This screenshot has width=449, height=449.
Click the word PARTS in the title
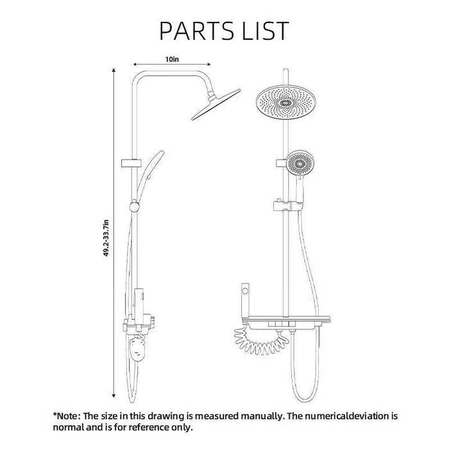(196, 30)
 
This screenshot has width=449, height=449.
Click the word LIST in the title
(266, 30)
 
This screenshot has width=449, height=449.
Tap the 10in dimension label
(172, 59)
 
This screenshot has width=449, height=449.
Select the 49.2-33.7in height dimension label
(106, 238)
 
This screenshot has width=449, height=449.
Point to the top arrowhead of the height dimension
(114, 70)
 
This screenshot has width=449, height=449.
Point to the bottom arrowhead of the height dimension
(114, 396)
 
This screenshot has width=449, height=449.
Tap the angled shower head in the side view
(216, 105)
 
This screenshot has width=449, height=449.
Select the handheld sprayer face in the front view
(300, 163)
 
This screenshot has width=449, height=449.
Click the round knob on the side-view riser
(134, 207)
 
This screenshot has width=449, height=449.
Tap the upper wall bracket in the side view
(131, 163)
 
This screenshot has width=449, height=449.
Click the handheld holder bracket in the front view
(287, 206)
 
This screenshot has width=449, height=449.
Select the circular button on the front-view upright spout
(245, 291)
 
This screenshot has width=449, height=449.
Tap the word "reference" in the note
(151, 428)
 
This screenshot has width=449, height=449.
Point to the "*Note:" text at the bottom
(65, 416)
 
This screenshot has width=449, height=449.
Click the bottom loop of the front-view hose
(305, 396)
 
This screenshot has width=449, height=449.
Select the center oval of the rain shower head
(285, 103)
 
